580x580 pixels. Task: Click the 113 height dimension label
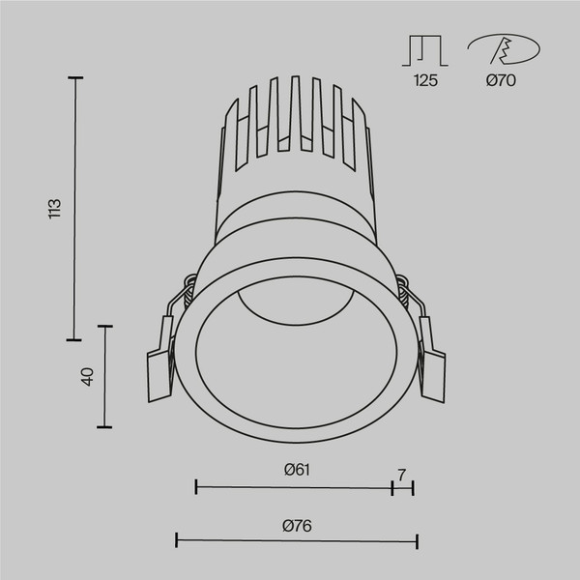55,209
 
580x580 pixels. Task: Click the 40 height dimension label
87,377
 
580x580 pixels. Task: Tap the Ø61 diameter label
296,470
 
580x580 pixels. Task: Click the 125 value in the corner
425,81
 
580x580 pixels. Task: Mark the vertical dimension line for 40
105,377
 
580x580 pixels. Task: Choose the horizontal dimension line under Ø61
294,488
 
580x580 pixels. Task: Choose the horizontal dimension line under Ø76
296,541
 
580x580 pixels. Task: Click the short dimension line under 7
402,488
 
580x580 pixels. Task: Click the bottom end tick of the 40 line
105,426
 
